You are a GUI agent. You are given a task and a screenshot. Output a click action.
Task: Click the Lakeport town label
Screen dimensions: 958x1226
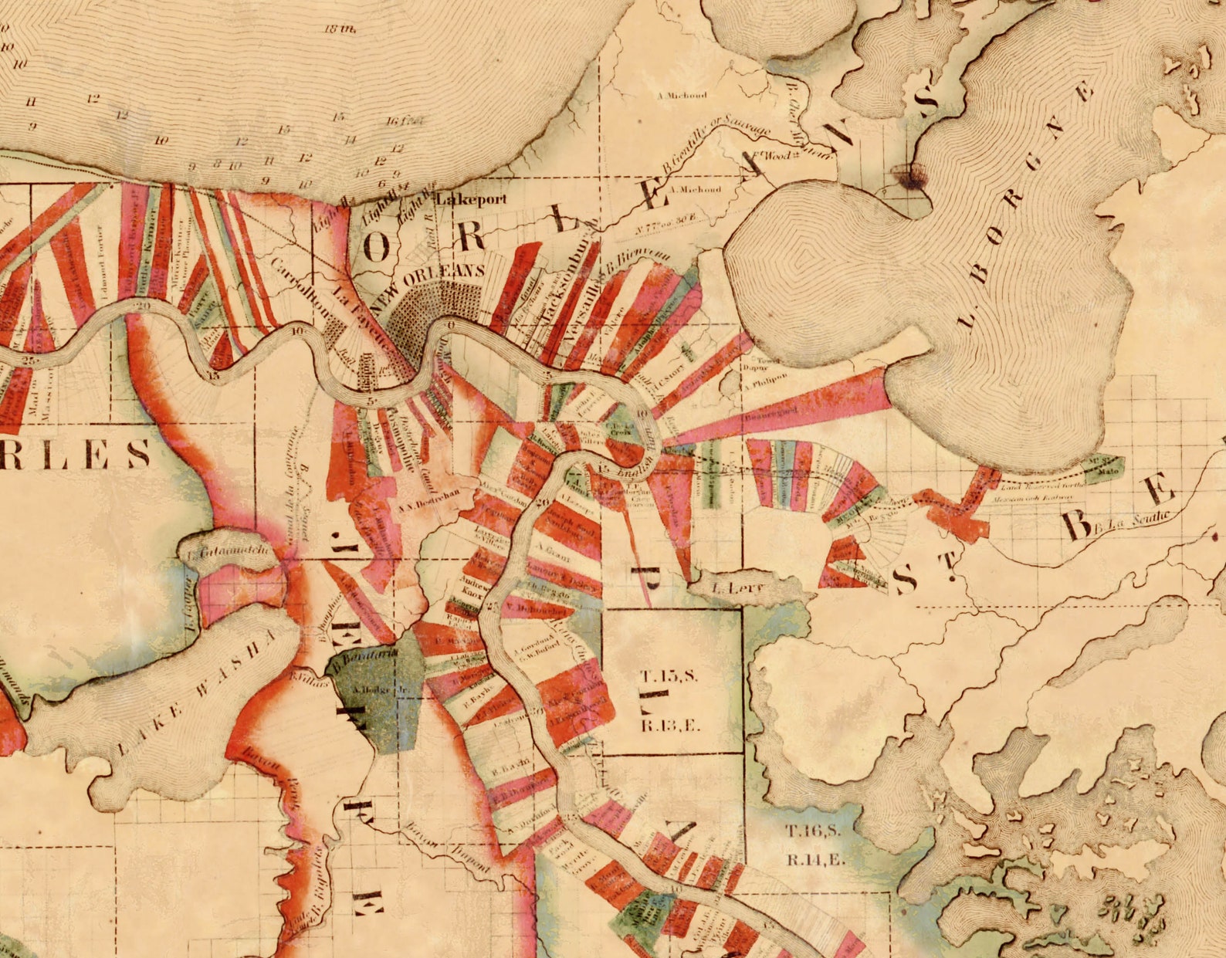coord(472,199)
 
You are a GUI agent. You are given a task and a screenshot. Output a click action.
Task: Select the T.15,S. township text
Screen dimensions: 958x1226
coord(669,676)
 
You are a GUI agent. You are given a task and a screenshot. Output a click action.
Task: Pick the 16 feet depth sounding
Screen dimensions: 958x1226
coord(405,121)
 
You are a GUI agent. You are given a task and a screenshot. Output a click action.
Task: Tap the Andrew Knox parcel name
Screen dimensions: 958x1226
coord(471,588)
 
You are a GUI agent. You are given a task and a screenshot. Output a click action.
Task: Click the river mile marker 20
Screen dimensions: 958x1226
coord(141,306)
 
